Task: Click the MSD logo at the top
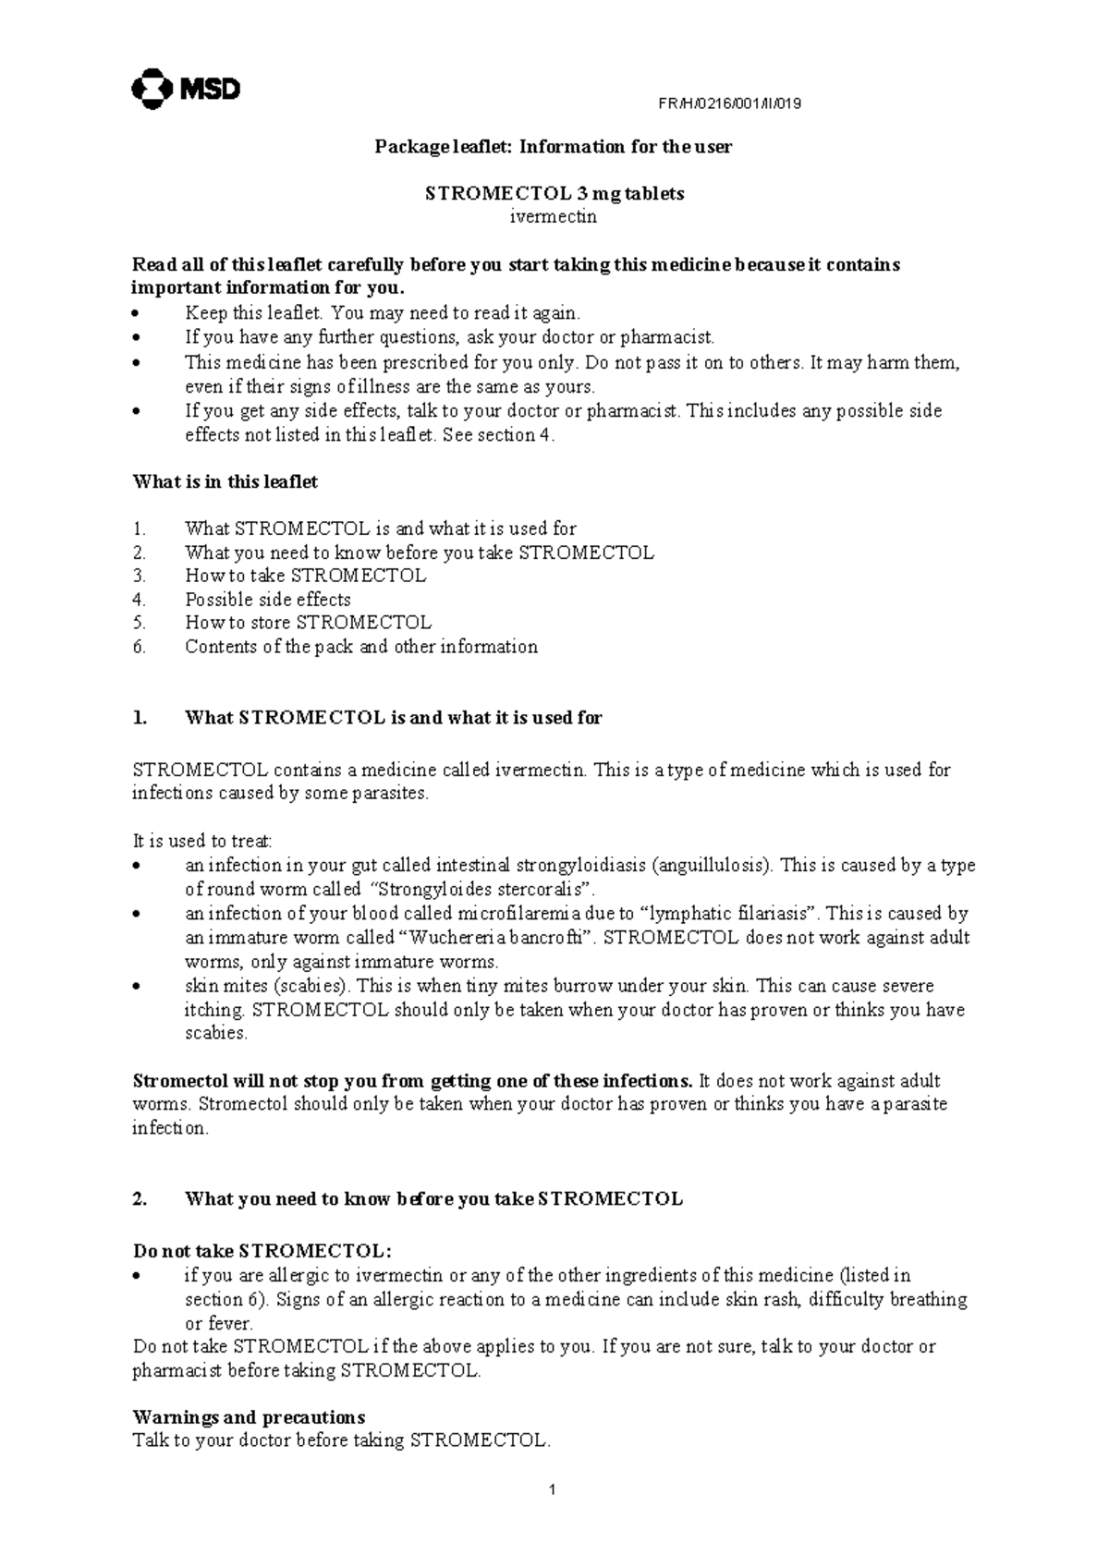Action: pyautogui.click(x=187, y=89)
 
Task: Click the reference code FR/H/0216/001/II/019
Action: pyautogui.click(x=729, y=103)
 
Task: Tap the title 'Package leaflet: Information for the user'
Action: pyautogui.click(x=553, y=147)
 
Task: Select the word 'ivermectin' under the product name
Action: pyautogui.click(x=554, y=217)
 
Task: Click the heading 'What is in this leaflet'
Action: pyautogui.click(x=225, y=481)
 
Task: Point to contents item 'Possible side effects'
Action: pyautogui.click(x=268, y=599)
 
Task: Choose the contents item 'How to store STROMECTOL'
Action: pyautogui.click(x=308, y=623)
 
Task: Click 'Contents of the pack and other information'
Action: pyautogui.click(x=360, y=647)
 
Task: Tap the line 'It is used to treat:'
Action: pyautogui.click(x=202, y=841)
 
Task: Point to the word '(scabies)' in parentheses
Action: pyautogui.click(x=316, y=986)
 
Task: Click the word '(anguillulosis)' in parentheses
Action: pyautogui.click(x=713, y=866)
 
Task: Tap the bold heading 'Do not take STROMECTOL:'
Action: pyautogui.click(x=262, y=1251)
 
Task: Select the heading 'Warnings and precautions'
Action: pyautogui.click(x=249, y=1417)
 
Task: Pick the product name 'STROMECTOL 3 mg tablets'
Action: pyautogui.click(x=554, y=194)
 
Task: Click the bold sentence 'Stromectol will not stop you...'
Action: pyautogui.click(x=412, y=1081)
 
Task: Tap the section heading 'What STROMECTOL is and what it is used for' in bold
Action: pyautogui.click(x=393, y=718)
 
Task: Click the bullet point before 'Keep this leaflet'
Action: pyautogui.click(x=137, y=314)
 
